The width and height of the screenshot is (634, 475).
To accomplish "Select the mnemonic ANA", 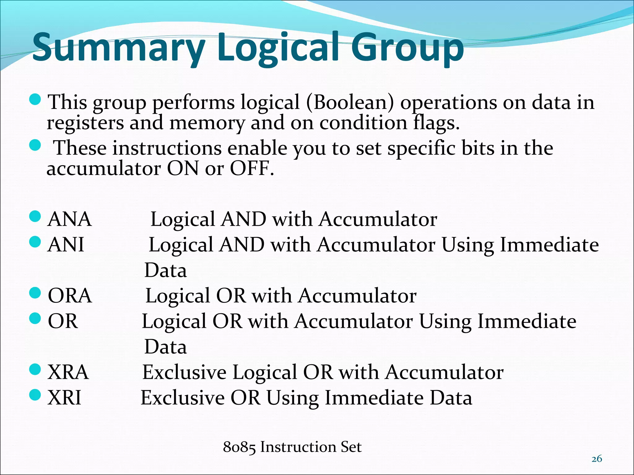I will click(x=69, y=219).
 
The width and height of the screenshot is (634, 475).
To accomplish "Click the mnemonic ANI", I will click(x=66, y=245).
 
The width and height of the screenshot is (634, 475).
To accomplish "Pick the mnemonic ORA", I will click(x=70, y=296).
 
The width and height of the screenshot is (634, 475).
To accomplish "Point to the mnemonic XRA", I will click(x=68, y=372).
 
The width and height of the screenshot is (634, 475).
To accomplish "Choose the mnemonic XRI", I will click(x=64, y=398).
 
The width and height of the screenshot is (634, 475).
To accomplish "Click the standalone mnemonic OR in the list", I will click(x=63, y=321).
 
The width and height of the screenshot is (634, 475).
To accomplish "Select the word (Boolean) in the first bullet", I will click(x=350, y=102).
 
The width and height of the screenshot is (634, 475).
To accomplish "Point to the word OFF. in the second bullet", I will click(x=252, y=169).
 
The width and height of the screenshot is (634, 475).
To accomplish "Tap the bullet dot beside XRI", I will click(x=35, y=395).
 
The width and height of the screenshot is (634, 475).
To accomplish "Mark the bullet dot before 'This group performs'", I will click(x=35, y=99).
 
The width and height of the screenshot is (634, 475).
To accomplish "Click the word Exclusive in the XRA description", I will click(x=184, y=372).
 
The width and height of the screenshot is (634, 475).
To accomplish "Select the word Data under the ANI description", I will click(x=166, y=270).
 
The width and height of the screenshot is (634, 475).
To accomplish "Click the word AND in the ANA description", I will click(x=244, y=219).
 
